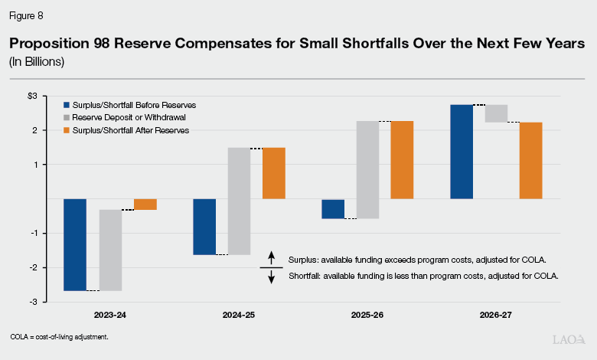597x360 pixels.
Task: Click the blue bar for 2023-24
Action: pos(75,244)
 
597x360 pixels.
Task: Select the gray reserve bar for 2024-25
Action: pos(240,201)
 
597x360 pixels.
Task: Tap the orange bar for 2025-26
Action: pos(403,160)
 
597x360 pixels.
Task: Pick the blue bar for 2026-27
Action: pos(462,152)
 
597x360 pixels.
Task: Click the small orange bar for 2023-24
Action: pos(145,204)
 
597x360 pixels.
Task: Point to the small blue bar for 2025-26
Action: pos(333,209)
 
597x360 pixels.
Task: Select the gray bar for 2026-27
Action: pos(497,113)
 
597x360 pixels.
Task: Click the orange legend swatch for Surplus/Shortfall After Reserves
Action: pos(67,131)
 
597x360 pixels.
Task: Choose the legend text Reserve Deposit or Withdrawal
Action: pos(120,117)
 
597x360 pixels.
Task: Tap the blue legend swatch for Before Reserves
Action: pos(67,104)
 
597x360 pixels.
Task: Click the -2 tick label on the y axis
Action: pos(52,267)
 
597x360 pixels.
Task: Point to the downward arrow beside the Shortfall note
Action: pos(271,277)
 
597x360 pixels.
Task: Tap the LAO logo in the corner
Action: pos(568,338)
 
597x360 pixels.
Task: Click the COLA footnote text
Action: pos(59,337)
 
